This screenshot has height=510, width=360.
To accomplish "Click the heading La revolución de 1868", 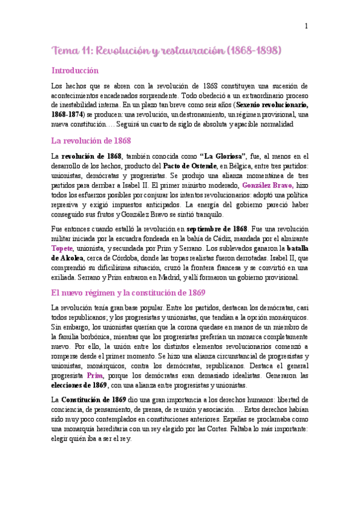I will pos(91,141).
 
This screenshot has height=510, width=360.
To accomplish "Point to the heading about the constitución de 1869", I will pos(129,293).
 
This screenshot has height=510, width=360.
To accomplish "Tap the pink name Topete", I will pos(63,248).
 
